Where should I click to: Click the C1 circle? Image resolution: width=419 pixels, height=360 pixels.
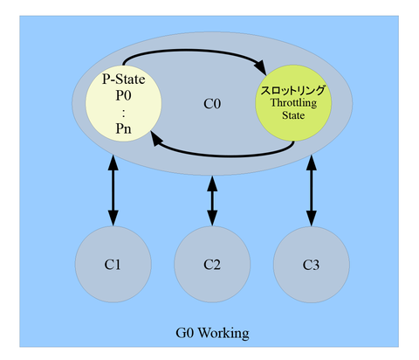113,264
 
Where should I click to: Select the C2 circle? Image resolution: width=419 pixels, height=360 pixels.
212,264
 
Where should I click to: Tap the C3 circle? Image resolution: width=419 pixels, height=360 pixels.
312,265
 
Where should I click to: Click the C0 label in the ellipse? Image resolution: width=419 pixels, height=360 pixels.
212,104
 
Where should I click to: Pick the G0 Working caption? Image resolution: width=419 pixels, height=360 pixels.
212,333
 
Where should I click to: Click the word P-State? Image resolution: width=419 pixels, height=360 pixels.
124,79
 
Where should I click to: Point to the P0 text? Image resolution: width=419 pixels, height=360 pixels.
124,95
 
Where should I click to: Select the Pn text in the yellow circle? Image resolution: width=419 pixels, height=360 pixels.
124,128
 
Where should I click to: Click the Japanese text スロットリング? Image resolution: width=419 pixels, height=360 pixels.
293,90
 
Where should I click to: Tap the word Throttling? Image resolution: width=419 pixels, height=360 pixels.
293,103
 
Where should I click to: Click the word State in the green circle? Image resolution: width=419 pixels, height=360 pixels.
293,115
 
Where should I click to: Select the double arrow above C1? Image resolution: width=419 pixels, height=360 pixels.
113,190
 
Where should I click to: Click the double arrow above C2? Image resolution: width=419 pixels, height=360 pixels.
212,201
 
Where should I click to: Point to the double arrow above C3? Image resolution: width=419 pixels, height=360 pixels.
312,190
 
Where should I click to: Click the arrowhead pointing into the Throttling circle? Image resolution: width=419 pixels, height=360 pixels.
261,67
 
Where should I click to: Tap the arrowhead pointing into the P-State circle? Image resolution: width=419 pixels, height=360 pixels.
157,139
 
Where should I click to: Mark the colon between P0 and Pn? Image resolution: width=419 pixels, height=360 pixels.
124,114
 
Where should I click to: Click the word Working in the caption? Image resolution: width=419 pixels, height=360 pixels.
223,333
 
